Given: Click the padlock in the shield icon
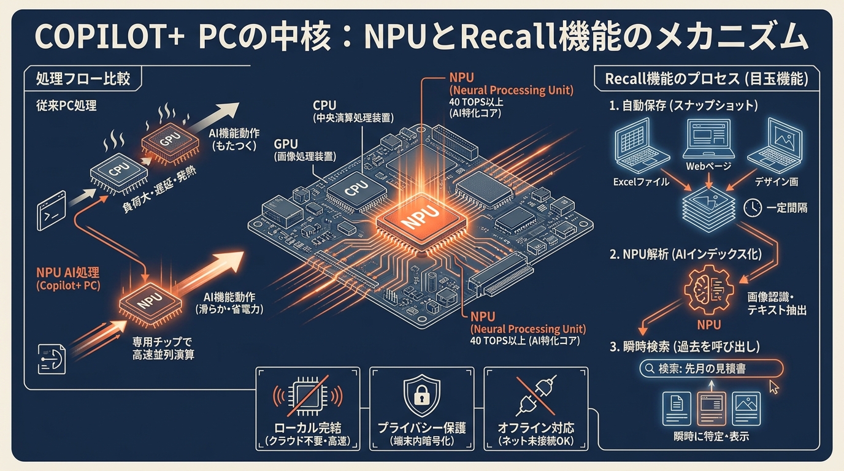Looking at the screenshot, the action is tap(421, 396).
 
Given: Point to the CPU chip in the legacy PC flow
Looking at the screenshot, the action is tap(119, 172).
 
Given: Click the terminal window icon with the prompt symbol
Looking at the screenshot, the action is tap(52, 211).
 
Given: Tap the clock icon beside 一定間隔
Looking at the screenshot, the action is tap(753, 208).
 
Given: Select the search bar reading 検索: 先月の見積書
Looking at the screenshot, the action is tap(712, 369).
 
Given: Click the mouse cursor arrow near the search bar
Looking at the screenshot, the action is tap(773, 387).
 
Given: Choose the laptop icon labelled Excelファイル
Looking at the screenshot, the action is tap(642, 146).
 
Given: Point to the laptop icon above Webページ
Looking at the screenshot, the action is tap(708, 138).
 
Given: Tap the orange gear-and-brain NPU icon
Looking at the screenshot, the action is tap(708, 289).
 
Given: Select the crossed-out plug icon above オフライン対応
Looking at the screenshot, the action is tap(535, 396).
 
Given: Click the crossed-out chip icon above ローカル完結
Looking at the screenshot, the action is tap(308, 396).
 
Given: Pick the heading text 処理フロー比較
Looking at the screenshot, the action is tap(83, 78).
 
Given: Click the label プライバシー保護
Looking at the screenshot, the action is tap(421, 428).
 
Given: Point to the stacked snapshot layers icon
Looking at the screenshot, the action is tap(708, 209).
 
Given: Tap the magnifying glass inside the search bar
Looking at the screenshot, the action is tap(650, 368).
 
